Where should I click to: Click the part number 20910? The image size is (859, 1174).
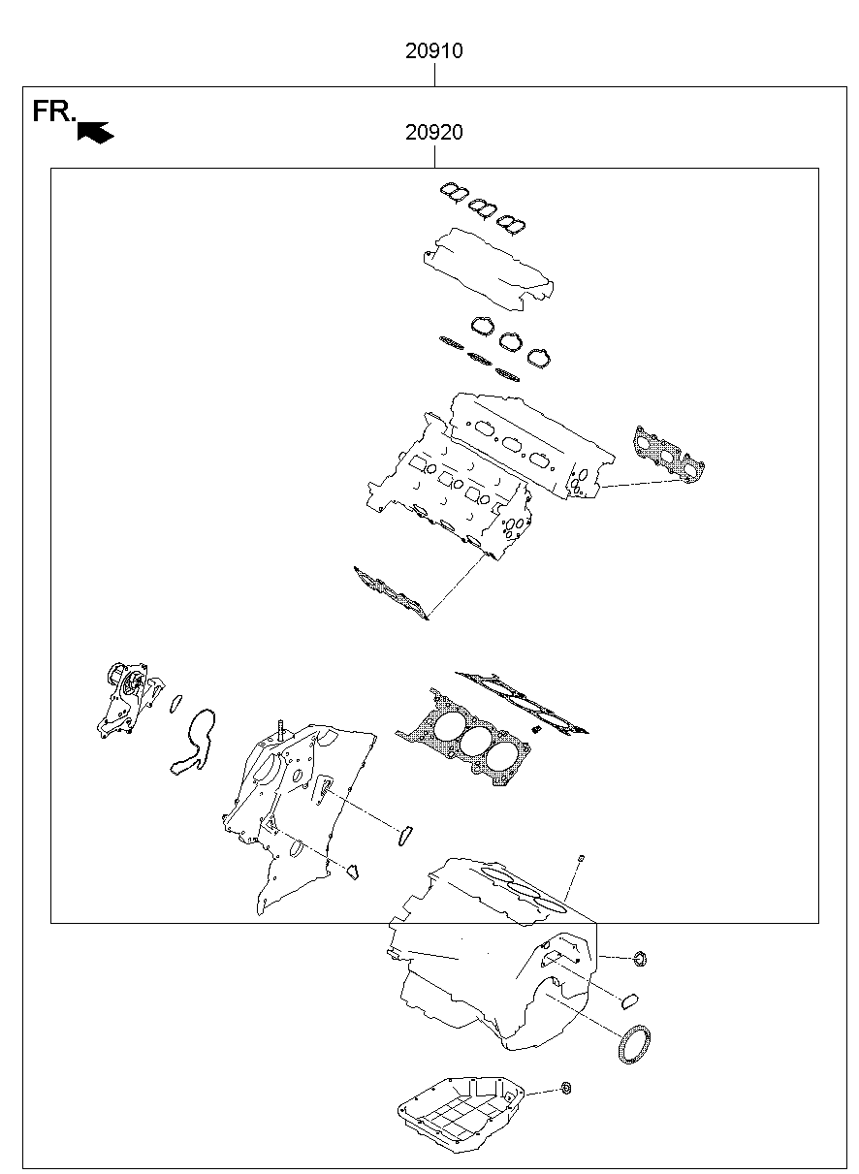433,51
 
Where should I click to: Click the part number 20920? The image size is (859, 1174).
433,133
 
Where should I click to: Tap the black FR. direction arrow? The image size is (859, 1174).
96,132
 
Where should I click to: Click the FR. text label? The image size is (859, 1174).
52,111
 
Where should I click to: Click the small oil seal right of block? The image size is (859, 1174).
640,960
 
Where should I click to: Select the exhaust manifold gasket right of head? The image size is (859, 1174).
669,454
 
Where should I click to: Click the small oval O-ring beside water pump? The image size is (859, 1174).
175,702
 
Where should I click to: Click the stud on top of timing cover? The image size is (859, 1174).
280,729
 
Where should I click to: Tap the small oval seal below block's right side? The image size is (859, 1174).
628,999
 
